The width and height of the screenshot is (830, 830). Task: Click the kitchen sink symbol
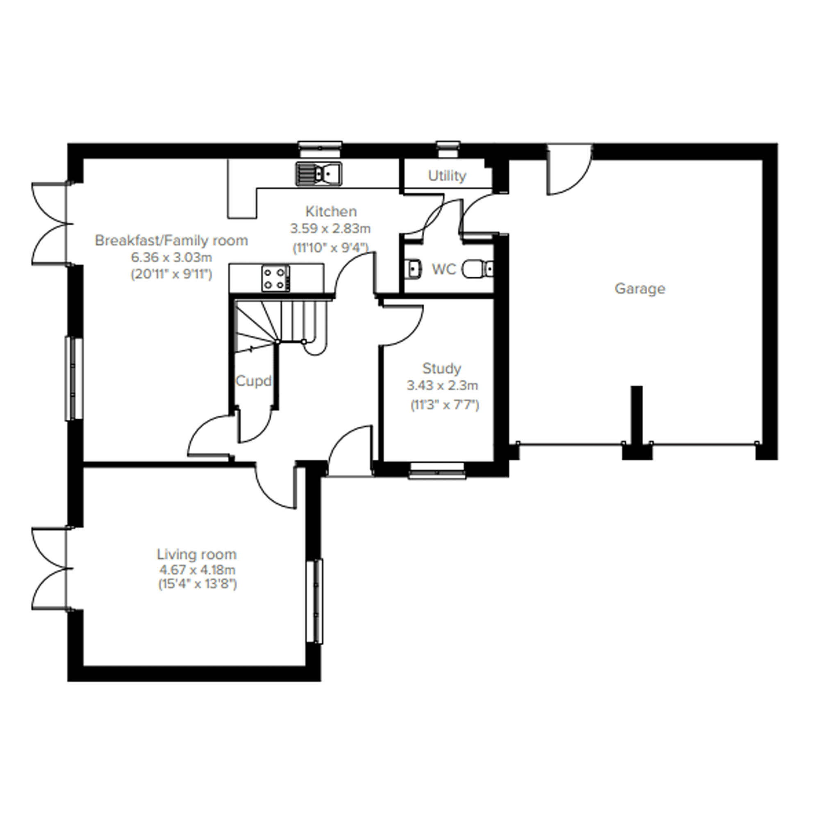pos(318,173)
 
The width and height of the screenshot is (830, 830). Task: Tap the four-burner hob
pos(275,278)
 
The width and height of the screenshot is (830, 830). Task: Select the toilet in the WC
pos(477,269)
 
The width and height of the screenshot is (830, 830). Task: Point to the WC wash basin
pos(413,269)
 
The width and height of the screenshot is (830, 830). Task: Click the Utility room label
pos(447,176)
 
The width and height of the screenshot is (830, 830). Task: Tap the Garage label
pos(640,289)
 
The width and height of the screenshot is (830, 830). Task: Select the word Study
pos(441,368)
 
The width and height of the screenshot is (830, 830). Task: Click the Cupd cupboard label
pos(253,381)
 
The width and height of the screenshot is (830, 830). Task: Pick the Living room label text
pos(197,555)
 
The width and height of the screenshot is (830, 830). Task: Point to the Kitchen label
pos(331,211)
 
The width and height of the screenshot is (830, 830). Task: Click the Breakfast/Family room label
pos(171,241)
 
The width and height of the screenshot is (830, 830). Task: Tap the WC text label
pos(443,269)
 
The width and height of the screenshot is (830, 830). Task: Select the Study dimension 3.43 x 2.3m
pos(442,386)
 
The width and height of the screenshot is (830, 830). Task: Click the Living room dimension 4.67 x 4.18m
pos(197,570)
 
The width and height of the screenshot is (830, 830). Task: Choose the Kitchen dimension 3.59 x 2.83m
pos(330,229)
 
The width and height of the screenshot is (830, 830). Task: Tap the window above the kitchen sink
pos(321,149)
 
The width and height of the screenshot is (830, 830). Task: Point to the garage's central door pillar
pos(637,423)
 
